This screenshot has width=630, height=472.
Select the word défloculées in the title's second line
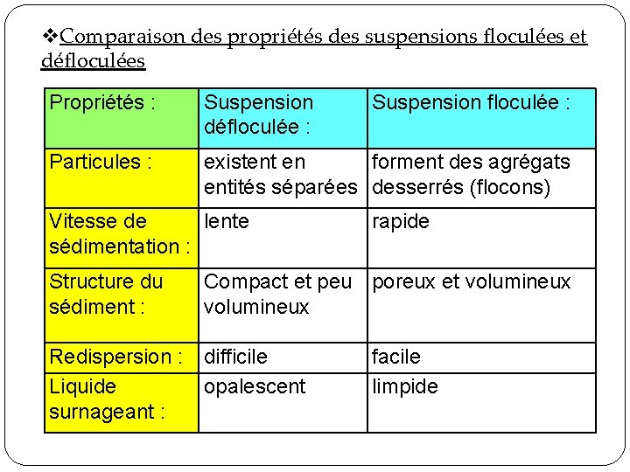pos(94,61)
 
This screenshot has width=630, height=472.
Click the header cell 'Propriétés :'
pos(102,103)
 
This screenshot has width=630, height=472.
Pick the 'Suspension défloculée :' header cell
pos(258,115)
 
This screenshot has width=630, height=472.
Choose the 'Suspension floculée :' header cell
pos(471,103)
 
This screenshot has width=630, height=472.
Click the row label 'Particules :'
pos(101,162)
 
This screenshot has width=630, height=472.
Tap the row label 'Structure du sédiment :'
pos(106,295)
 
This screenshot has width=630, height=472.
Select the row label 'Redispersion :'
pos(115,357)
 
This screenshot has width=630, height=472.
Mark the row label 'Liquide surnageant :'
pos(108,399)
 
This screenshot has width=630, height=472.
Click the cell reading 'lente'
pos(227,222)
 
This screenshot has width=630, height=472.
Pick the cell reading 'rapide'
pos(401,222)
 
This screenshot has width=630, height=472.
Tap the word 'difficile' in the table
pos(236,357)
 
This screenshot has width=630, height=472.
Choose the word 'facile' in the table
pos(396,357)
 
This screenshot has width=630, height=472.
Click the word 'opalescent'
pos(255,386)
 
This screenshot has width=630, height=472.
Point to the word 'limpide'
pos(405,386)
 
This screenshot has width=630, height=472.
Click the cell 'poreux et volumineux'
pos(471,281)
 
